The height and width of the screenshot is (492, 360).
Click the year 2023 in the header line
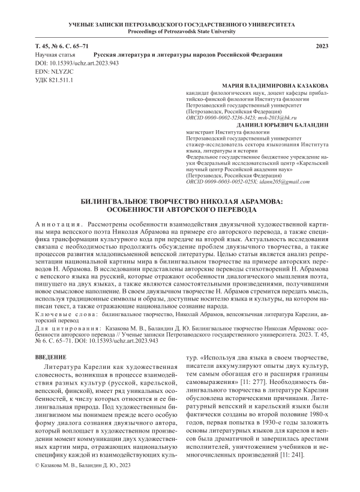[x=322, y=46]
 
